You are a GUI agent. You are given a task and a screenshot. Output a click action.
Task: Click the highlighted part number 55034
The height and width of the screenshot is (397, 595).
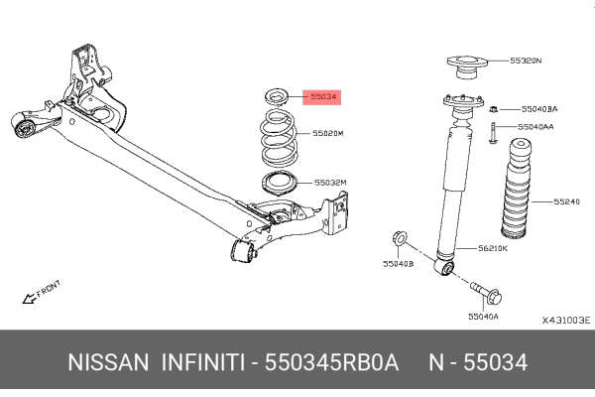[322, 97]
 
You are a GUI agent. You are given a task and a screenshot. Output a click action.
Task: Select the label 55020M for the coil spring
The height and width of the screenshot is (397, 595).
[329, 132]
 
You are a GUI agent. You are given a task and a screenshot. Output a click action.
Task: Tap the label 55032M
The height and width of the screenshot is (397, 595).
[330, 183]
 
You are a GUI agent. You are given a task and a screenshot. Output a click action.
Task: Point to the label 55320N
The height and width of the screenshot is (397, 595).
[527, 61]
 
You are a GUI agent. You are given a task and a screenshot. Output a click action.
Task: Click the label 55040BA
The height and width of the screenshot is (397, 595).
[539, 108]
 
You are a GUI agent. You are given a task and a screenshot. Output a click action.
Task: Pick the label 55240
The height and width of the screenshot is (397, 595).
[567, 201]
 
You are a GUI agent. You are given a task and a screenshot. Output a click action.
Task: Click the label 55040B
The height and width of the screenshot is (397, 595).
[399, 264]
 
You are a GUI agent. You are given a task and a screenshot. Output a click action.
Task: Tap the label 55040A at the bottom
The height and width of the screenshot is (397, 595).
[484, 316]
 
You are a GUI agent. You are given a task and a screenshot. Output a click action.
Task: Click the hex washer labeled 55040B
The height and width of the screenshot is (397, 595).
[399, 237]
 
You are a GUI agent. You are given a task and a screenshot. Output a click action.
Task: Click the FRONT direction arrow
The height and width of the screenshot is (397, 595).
[30, 295]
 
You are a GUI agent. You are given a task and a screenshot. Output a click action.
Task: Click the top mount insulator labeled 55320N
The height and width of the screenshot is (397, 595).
[463, 68]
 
